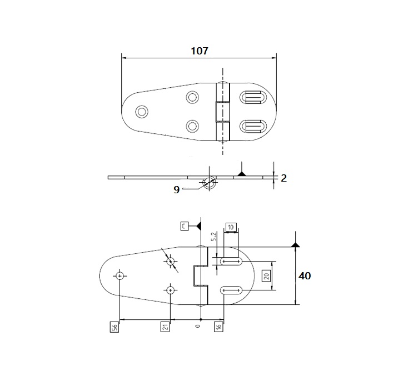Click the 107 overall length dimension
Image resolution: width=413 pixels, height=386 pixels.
(x=198, y=51)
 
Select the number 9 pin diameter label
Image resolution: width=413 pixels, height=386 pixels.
(x=176, y=189)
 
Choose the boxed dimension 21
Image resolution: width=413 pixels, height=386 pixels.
(x=165, y=327)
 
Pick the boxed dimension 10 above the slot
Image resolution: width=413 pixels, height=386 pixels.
(x=231, y=227)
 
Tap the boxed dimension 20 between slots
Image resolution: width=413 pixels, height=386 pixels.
(x=266, y=276)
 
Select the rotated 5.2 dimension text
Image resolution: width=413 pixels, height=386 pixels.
(x=215, y=237)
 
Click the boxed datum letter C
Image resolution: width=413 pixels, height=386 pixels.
(x=185, y=225)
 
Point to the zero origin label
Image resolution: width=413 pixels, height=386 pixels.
(x=198, y=328)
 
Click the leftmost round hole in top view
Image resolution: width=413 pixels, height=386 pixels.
(x=142, y=112)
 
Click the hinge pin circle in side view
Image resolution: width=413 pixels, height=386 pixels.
(x=210, y=183)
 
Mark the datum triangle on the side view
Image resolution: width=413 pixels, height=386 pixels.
(x=241, y=174)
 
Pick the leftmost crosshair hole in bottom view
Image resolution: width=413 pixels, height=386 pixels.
(x=120, y=275)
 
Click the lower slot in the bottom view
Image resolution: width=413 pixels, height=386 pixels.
(x=231, y=289)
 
